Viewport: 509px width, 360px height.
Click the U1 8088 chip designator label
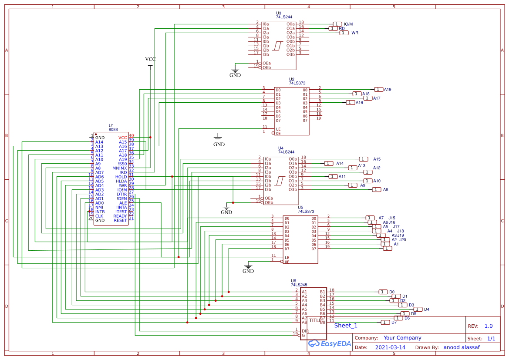click(111, 125)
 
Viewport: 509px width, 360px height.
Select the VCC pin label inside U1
click(122, 138)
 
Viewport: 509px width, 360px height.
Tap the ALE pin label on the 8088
click(123, 203)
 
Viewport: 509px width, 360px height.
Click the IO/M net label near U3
click(348, 24)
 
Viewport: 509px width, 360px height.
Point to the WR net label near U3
click(355, 33)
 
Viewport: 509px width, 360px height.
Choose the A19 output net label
click(388, 90)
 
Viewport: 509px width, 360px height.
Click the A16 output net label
click(359, 103)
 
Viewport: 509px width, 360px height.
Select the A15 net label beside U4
click(377, 159)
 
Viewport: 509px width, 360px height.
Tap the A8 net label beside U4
click(385, 190)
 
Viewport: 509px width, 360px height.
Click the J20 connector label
click(403, 240)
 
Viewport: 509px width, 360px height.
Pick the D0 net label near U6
click(392, 292)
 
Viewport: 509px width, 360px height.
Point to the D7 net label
click(394, 323)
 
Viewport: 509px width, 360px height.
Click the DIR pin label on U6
click(305, 331)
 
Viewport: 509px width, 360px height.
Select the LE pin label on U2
click(278, 129)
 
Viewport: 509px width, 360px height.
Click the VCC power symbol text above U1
click(150, 59)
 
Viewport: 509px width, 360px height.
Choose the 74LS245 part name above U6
click(300, 285)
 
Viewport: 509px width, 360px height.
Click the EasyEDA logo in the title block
click(324, 343)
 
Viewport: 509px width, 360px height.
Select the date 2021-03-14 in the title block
click(390, 347)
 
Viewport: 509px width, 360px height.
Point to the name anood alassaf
click(462, 347)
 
